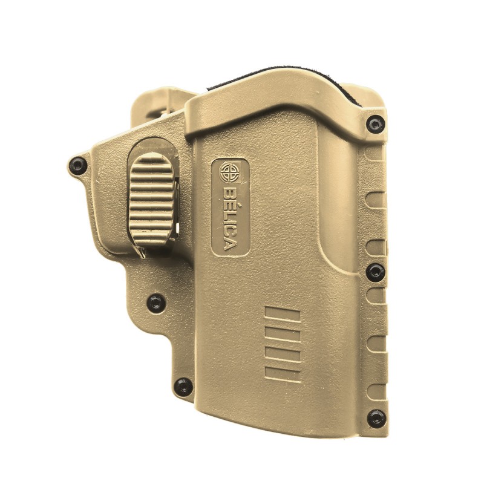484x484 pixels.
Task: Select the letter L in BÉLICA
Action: click(231, 217)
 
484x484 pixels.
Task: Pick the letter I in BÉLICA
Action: click(231, 224)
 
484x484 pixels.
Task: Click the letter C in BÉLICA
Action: click(231, 234)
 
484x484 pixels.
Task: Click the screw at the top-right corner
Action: click(376, 124)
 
